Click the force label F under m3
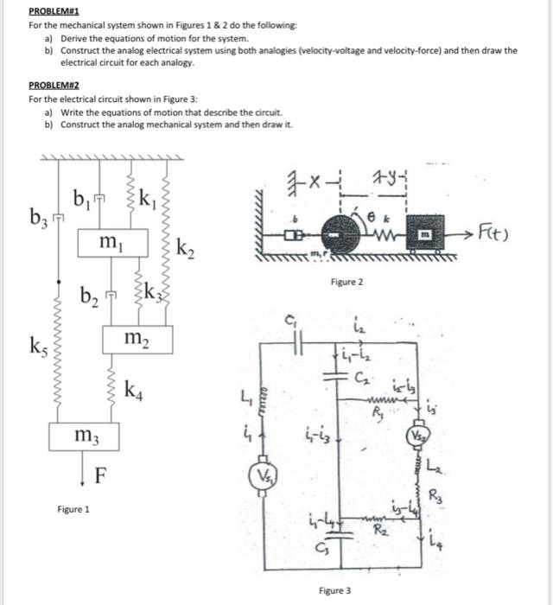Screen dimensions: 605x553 pos(101,474)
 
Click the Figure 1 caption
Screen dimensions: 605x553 pos(73,510)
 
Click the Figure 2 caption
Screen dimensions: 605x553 pos(346,283)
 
